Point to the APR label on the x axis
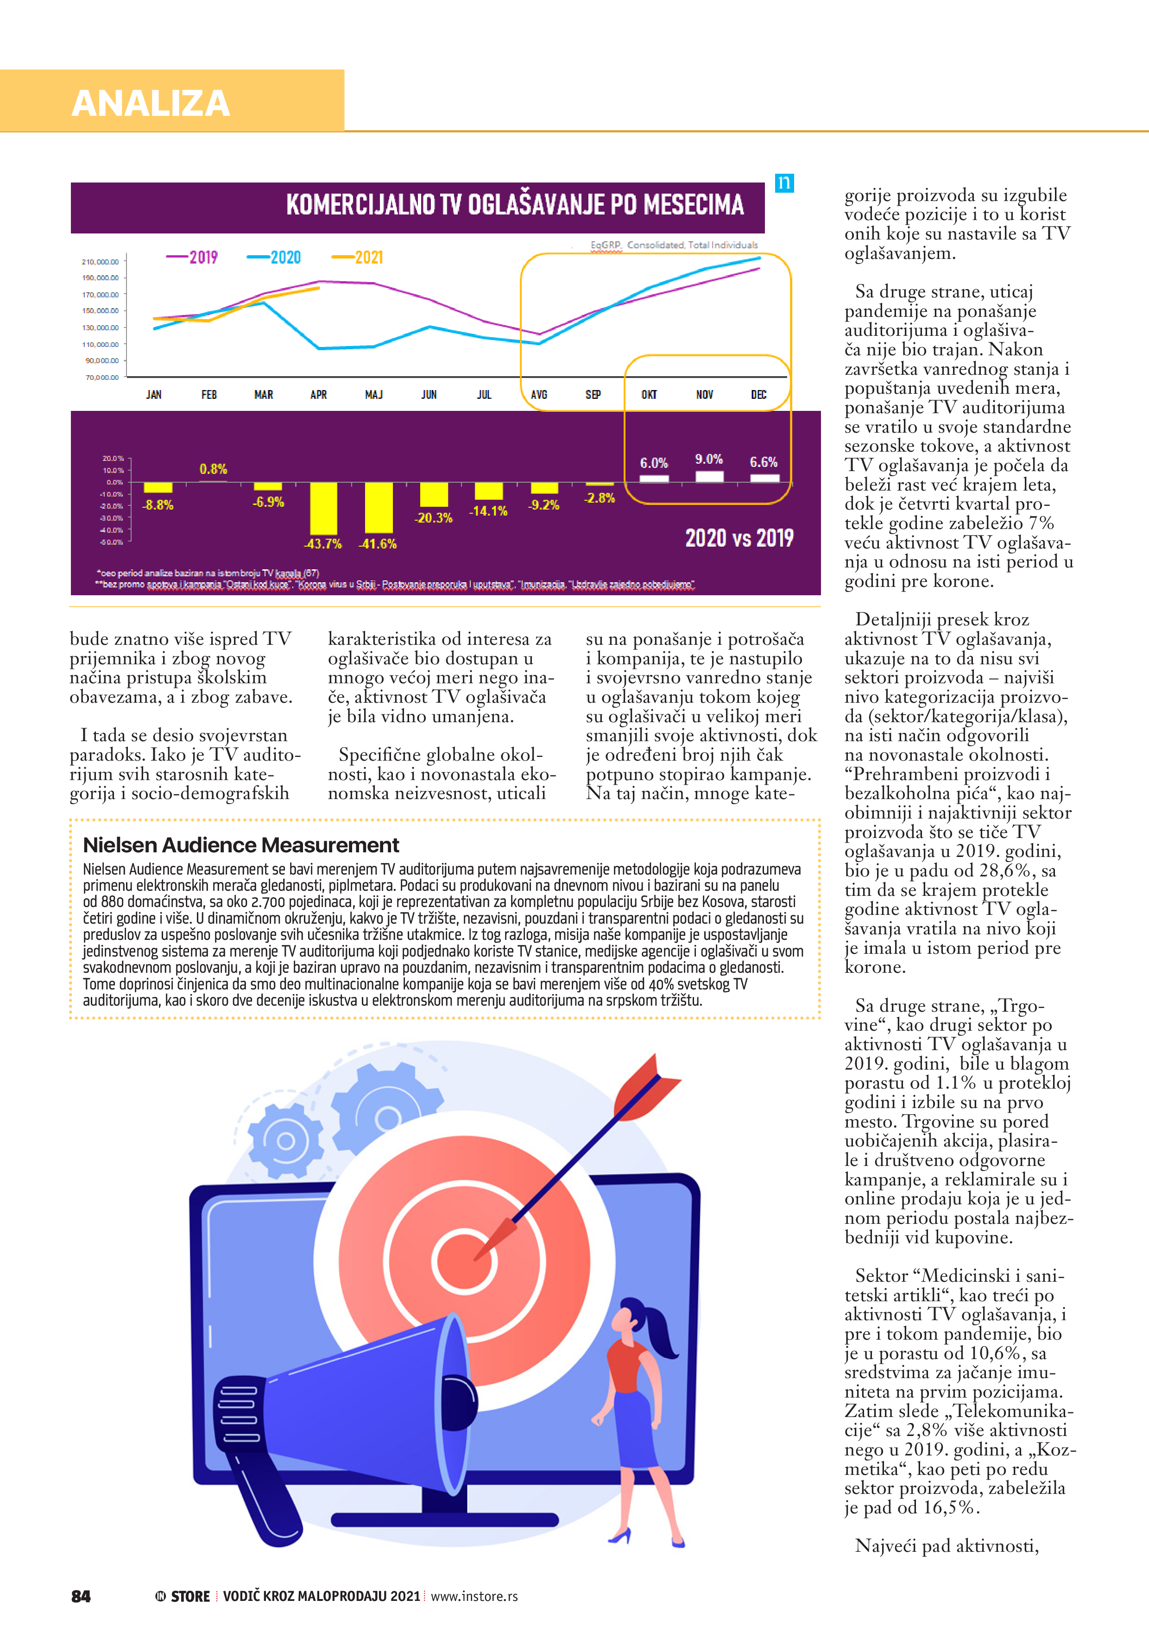319,395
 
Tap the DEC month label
758,395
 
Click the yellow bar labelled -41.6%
379,507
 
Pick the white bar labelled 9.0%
709,476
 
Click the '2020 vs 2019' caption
739,539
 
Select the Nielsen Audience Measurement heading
241,845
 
